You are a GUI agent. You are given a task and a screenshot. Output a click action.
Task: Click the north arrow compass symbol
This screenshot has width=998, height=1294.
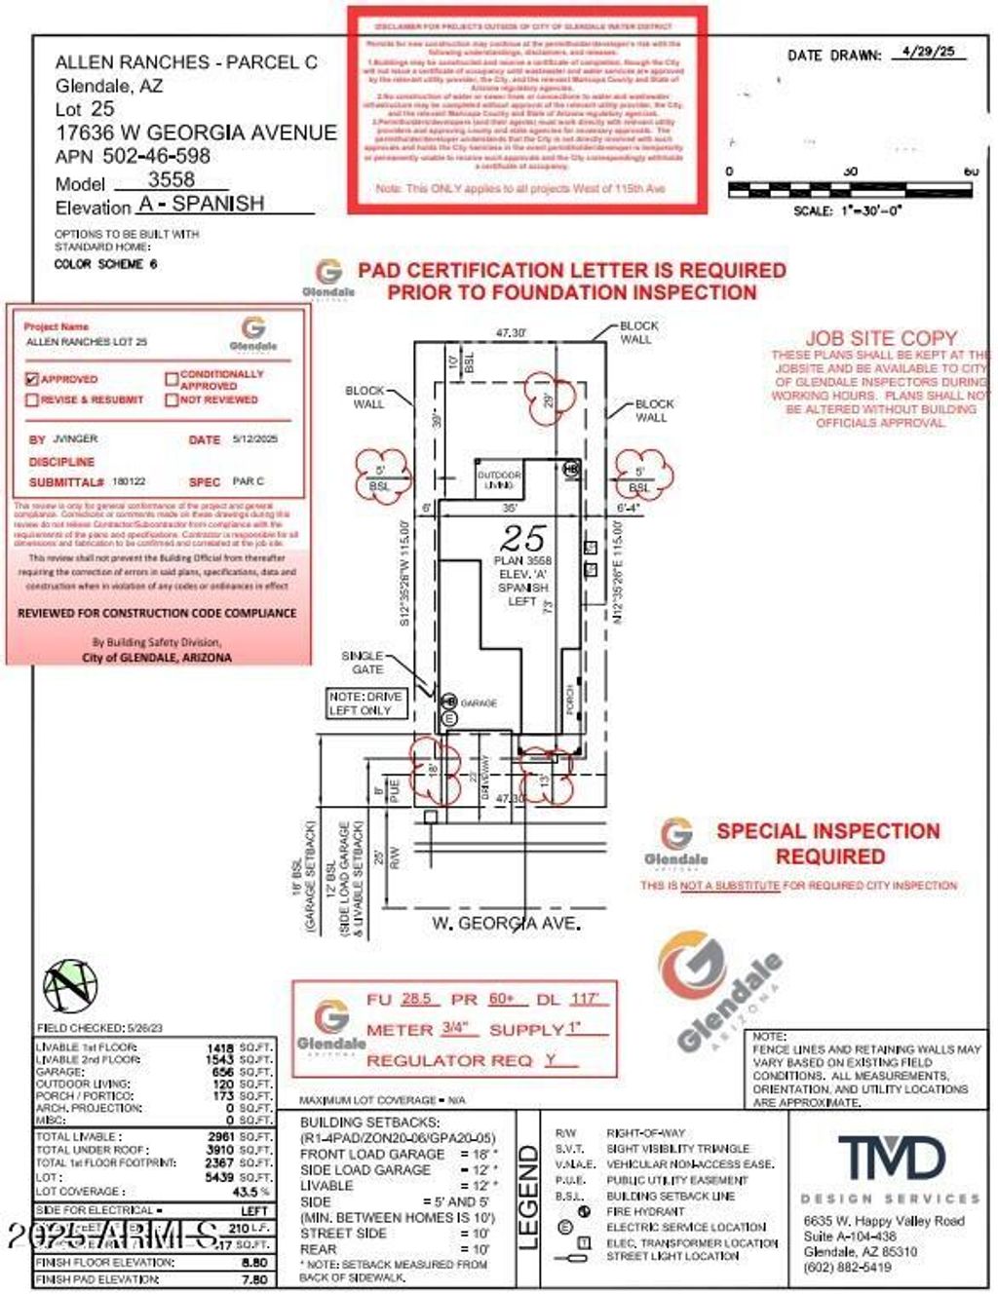(70, 986)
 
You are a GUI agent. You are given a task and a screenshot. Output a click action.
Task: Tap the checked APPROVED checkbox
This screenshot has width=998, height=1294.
(32, 379)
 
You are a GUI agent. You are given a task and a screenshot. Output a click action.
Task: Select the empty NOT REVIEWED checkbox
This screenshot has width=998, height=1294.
(172, 400)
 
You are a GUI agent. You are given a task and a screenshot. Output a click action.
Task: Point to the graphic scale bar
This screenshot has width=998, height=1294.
(849, 190)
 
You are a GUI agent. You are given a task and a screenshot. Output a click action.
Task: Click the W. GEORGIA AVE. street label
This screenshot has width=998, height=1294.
(507, 922)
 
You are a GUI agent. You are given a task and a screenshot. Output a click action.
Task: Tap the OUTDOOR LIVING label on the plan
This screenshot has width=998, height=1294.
(499, 479)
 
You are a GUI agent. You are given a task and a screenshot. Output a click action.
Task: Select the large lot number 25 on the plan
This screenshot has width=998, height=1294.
(522, 539)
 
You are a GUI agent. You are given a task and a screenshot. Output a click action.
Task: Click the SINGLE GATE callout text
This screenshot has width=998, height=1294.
(362, 663)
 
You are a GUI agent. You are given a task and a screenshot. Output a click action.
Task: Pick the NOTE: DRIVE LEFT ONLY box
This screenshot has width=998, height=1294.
(365, 704)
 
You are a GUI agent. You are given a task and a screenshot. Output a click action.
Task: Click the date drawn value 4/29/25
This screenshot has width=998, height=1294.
(929, 53)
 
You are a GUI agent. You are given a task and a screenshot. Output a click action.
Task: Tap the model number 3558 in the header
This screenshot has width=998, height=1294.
(172, 180)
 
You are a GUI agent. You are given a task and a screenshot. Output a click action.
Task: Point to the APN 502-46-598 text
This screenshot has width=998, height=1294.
(133, 156)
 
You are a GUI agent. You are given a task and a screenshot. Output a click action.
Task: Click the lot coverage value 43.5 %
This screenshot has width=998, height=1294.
(251, 1192)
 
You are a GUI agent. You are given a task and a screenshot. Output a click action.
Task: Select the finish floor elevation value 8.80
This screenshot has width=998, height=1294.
(254, 1262)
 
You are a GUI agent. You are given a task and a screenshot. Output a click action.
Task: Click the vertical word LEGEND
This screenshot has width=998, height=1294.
(527, 1197)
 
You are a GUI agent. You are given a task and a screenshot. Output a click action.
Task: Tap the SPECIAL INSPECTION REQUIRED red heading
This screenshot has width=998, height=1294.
(828, 844)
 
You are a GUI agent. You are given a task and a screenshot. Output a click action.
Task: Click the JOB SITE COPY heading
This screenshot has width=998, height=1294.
(881, 338)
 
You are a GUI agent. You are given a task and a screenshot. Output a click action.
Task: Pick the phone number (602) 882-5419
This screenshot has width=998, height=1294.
(847, 1268)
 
